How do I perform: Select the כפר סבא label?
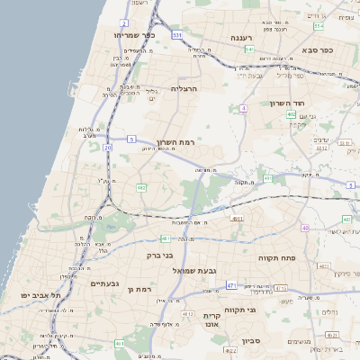[x=318, y=50]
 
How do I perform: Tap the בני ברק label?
[x=158, y=256]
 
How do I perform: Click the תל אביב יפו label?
[x=43, y=295]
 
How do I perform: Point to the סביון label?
[x=250, y=341]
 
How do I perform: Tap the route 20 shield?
[x=108, y=147]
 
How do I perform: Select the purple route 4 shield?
[x=243, y=108]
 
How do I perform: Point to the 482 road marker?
[x=141, y=187]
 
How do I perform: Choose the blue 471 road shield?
[x=231, y=285]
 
